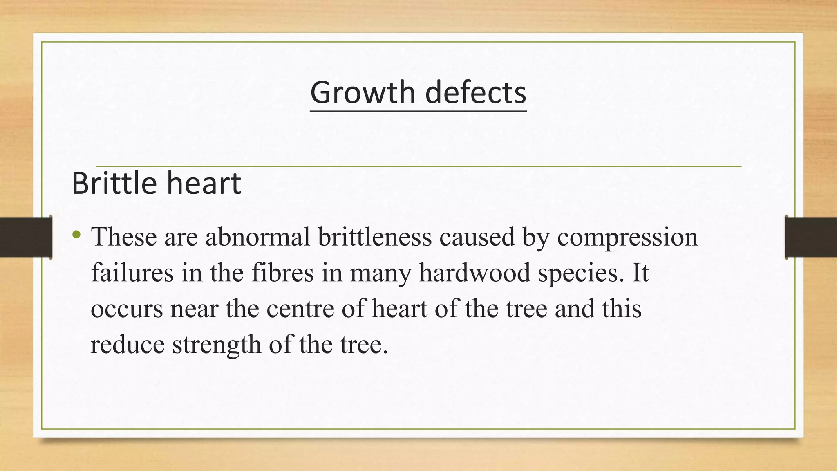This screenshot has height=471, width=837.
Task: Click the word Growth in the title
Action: click(x=363, y=93)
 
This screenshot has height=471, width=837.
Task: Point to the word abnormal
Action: click(x=257, y=237)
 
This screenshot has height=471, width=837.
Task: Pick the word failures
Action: click(x=132, y=273)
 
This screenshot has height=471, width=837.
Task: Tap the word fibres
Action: click(x=282, y=273)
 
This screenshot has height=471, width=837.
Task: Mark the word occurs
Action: click(x=127, y=309)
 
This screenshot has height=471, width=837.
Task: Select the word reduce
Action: click(x=127, y=345)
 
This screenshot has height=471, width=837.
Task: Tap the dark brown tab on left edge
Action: click(x=26, y=237)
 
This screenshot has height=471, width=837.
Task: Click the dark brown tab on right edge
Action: click(x=811, y=237)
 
